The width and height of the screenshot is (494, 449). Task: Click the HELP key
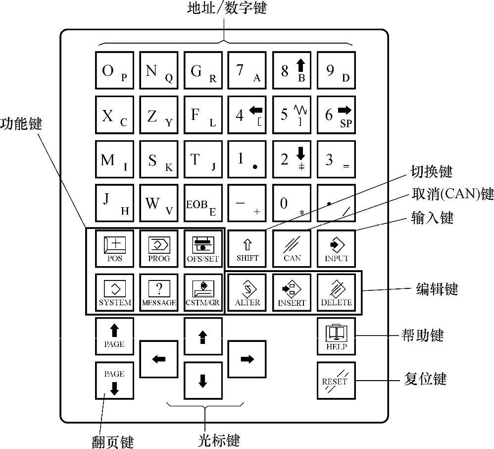[336, 337]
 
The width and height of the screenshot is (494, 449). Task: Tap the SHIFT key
[247, 249]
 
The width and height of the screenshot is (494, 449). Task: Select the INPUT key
[336, 249]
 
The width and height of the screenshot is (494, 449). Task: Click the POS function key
[114, 249]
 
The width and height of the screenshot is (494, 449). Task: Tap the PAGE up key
[114, 337]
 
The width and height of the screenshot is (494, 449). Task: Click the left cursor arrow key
[158, 359]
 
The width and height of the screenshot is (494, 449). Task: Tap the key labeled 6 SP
[336, 115]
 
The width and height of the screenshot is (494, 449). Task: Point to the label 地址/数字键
[226, 8]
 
